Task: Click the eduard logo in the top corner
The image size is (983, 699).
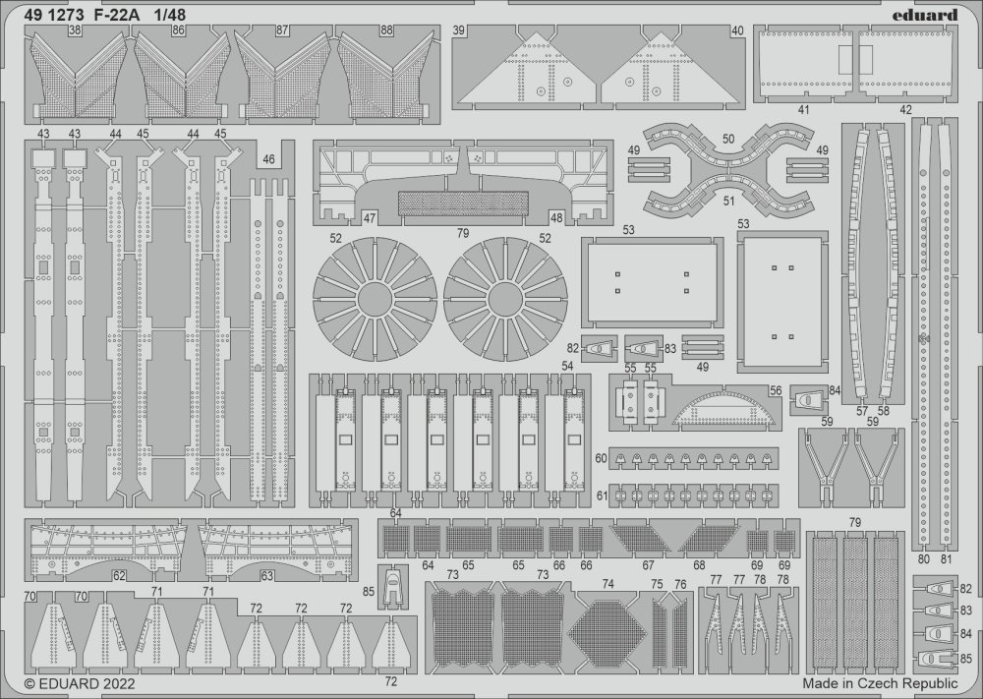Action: tap(929, 15)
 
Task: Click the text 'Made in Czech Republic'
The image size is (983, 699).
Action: tap(880, 682)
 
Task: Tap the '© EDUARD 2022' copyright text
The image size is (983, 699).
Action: tap(80, 683)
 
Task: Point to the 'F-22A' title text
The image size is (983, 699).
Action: tap(117, 14)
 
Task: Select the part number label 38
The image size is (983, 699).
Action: tap(76, 29)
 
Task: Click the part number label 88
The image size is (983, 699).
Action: tap(386, 30)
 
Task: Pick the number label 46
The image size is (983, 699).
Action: tap(268, 160)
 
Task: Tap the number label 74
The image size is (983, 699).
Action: tap(607, 584)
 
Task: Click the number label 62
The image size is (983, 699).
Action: tap(119, 575)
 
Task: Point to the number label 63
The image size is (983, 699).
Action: tap(267, 575)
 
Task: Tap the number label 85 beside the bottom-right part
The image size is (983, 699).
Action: tap(965, 659)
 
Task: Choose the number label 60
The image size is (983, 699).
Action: tap(601, 458)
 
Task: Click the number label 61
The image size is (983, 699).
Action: tap(602, 495)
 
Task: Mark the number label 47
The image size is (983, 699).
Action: tap(370, 218)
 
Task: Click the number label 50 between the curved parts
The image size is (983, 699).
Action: tap(727, 139)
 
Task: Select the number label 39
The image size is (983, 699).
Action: tap(458, 30)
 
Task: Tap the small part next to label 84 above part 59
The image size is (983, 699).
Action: tap(809, 399)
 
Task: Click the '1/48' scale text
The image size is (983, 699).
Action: tap(169, 14)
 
